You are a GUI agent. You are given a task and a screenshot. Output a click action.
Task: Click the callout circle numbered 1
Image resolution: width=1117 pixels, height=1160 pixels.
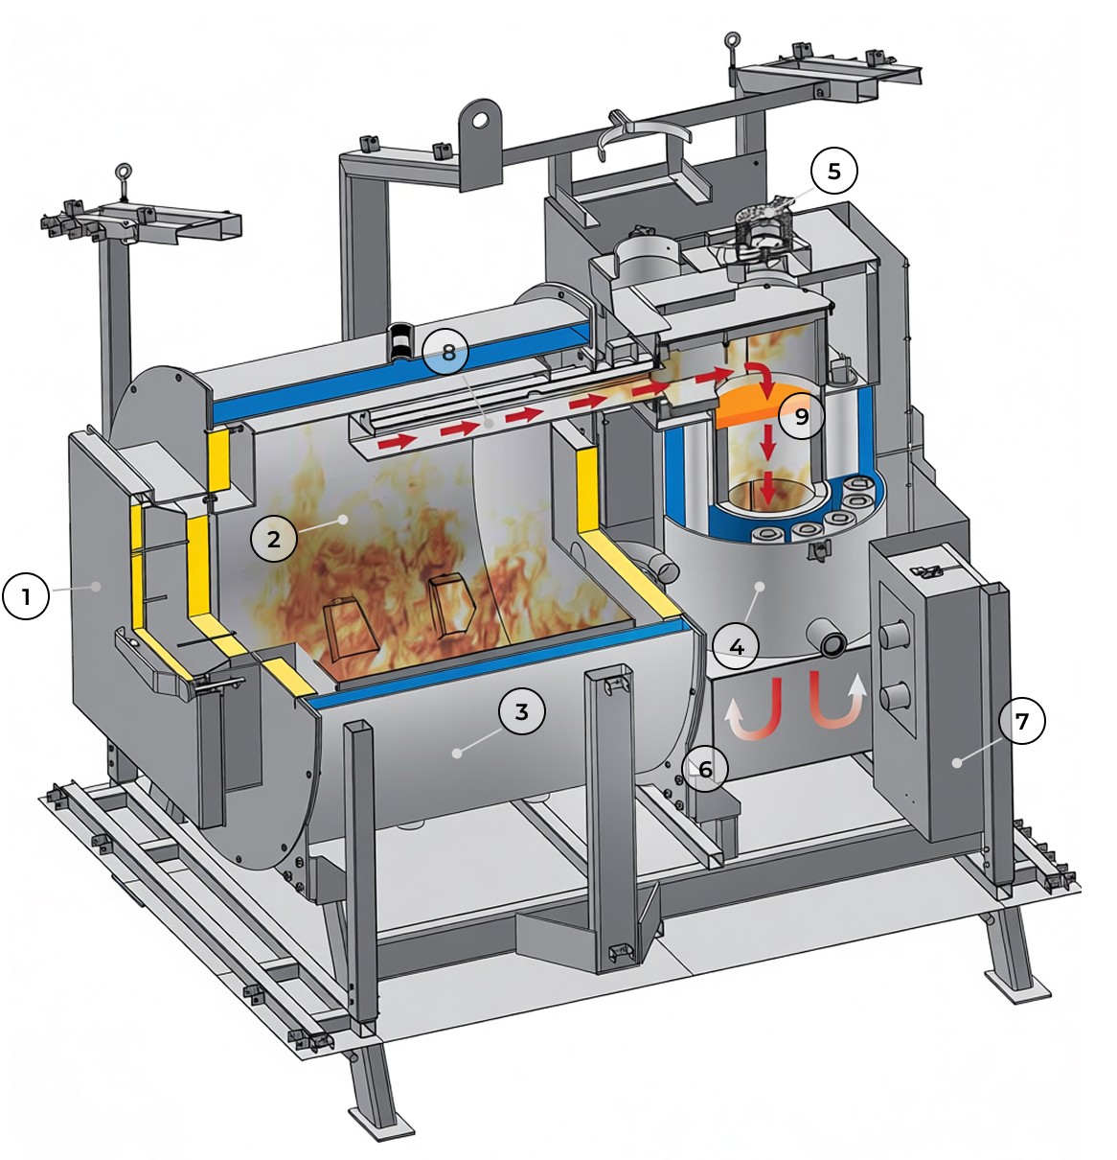26,596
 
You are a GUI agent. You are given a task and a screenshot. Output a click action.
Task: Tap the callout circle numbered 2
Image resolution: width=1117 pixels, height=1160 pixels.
273,539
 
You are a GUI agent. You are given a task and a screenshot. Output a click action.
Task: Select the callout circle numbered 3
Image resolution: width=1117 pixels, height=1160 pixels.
522,711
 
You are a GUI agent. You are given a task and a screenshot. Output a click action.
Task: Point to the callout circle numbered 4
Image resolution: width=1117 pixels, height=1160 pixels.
737,646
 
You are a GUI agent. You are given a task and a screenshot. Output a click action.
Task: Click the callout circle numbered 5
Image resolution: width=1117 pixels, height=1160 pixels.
834,171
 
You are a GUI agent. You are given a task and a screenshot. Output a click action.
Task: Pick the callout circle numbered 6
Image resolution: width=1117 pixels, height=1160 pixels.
705,769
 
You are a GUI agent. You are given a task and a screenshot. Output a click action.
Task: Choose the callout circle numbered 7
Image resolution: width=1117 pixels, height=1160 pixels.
1022,721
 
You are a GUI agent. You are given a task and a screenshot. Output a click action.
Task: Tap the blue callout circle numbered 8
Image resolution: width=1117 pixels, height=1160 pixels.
445,352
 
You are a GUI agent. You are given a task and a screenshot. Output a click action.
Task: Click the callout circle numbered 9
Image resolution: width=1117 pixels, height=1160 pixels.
801,416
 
